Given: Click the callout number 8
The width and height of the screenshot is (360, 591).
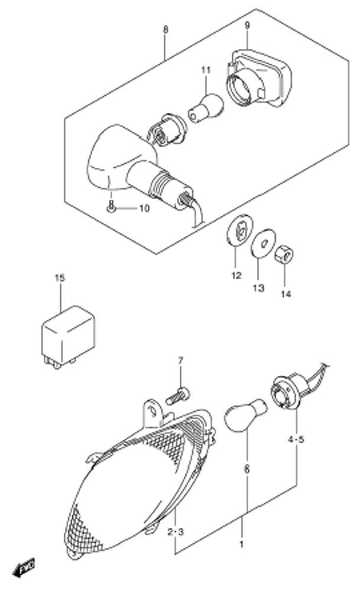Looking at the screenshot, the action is (166, 30).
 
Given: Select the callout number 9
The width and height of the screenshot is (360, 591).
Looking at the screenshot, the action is (247, 25).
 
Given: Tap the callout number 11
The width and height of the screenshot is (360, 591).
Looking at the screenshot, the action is (206, 70).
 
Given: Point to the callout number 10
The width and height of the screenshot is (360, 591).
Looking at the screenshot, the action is (145, 208).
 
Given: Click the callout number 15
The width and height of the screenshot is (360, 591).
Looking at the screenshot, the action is (60, 278).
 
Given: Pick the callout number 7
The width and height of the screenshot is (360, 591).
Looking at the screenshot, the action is (180, 361).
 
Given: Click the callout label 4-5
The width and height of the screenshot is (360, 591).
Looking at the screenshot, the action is (296, 440).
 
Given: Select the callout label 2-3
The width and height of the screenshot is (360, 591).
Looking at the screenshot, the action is (176, 532).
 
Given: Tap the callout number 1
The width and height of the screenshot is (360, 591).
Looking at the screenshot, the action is (242, 544).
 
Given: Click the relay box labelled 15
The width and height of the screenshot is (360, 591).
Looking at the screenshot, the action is (68, 336).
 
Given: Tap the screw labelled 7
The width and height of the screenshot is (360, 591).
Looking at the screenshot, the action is (177, 396).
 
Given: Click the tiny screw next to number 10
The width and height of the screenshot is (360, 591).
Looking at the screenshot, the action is (111, 208).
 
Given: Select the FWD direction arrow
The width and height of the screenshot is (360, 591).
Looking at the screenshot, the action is (23, 567).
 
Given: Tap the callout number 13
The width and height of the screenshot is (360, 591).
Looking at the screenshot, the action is (258, 288).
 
